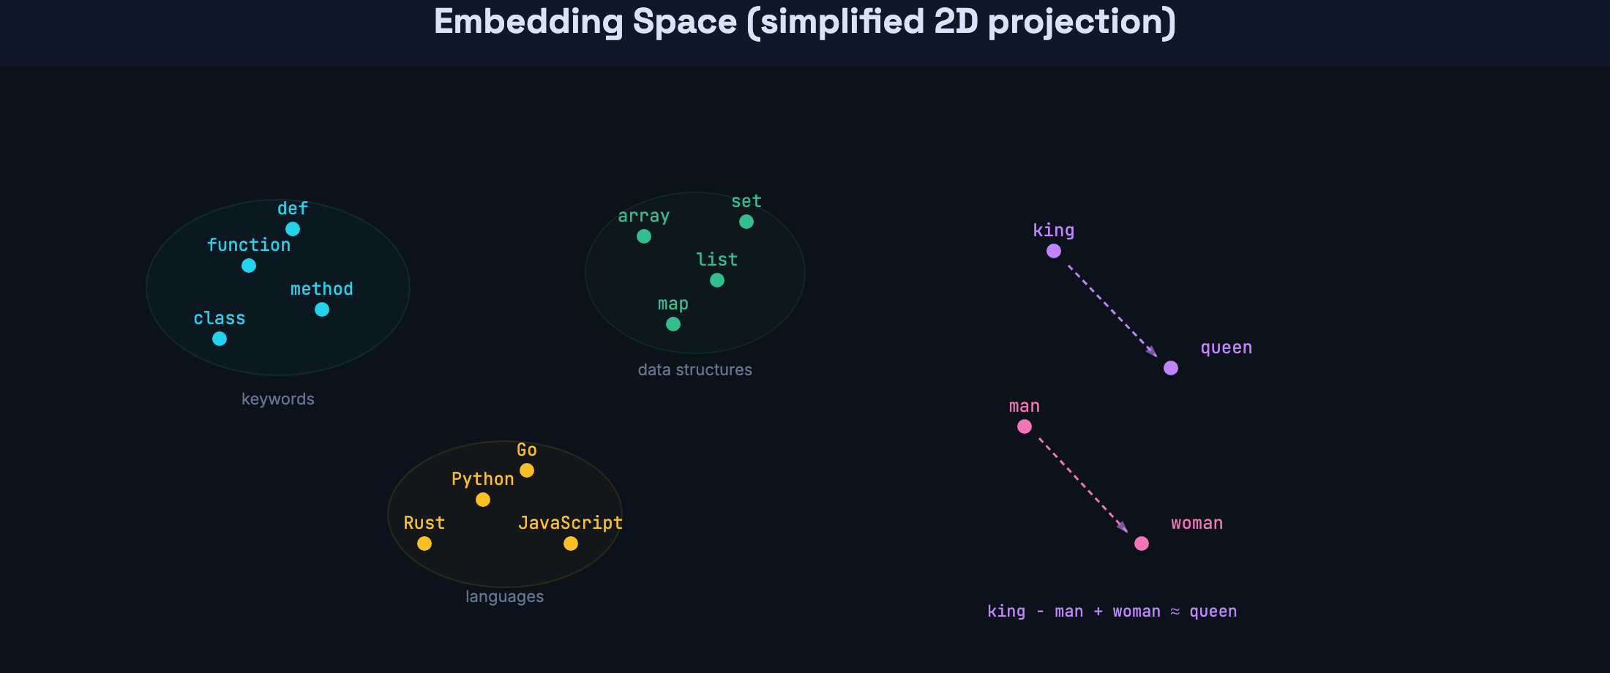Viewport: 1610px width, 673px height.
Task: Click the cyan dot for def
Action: pyautogui.click(x=293, y=229)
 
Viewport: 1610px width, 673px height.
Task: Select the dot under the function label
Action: pyautogui.click(x=249, y=266)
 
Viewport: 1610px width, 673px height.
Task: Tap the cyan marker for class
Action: pyautogui.click(x=220, y=339)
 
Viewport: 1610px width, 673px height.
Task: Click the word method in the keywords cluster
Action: pyautogui.click(x=321, y=289)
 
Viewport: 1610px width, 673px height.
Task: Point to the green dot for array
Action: pyautogui.click(x=644, y=236)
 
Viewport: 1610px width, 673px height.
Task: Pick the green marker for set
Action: pyautogui.click(x=746, y=222)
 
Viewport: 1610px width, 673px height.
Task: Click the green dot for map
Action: pyautogui.click(x=673, y=324)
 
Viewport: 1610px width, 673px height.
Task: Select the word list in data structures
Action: pyautogui.click(x=716, y=260)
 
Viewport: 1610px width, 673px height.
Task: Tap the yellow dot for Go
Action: pyautogui.click(x=527, y=470)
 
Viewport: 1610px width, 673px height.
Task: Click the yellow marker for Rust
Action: pyautogui.click(x=424, y=544)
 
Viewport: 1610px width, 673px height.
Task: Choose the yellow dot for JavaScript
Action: pyautogui.click(x=571, y=544)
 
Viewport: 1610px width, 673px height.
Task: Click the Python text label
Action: pyautogui.click(x=482, y=479)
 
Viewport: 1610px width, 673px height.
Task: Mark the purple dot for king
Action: pyautogui.click(x=1054, y=251)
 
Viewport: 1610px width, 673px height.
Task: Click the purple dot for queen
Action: pyautogui.click(x=1171, y=368)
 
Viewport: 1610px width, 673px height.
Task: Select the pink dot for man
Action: pyautogui.click(x=1025, y=426)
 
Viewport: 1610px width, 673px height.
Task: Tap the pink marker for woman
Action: pyautogui.click(x=1142, y=544)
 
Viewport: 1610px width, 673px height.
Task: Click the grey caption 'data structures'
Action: pyautogui.click(x=694, y=370)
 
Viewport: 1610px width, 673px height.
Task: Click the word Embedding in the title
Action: pyautogui.click(x=528, y=21)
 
